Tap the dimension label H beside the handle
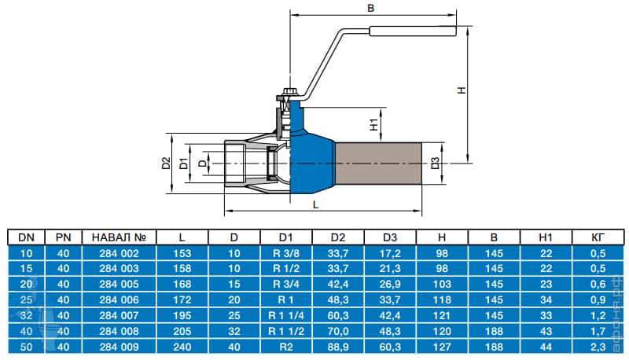(x=462, y=90)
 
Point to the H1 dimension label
(x=374, y=123)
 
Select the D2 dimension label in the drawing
(x=165, y=163)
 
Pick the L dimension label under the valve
(x=315, y=204)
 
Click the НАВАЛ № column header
(x=120, y=237)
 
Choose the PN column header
(x=64, y=237)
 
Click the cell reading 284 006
(x=120, y=299)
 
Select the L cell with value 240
(x=182, y=347)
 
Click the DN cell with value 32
(x=26, y=315)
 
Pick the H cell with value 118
(x=442, y=299)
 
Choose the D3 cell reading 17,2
(x=390, y=252)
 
